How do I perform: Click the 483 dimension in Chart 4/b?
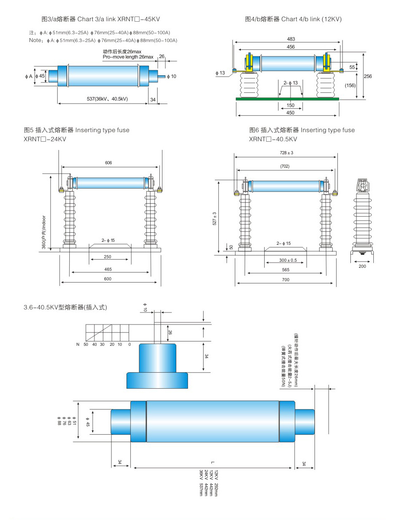coord(291,39)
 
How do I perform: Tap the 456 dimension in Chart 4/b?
coord(291,47)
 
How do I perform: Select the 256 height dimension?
coord(368,76)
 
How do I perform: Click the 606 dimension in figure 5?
coord(108,163)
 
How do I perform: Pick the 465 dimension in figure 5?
coord(108,270)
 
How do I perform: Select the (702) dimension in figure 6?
coord(285,166)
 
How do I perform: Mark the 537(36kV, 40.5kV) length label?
coord(108,99)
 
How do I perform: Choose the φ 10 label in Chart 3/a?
coord(172,77)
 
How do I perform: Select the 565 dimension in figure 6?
coord(285,270)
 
